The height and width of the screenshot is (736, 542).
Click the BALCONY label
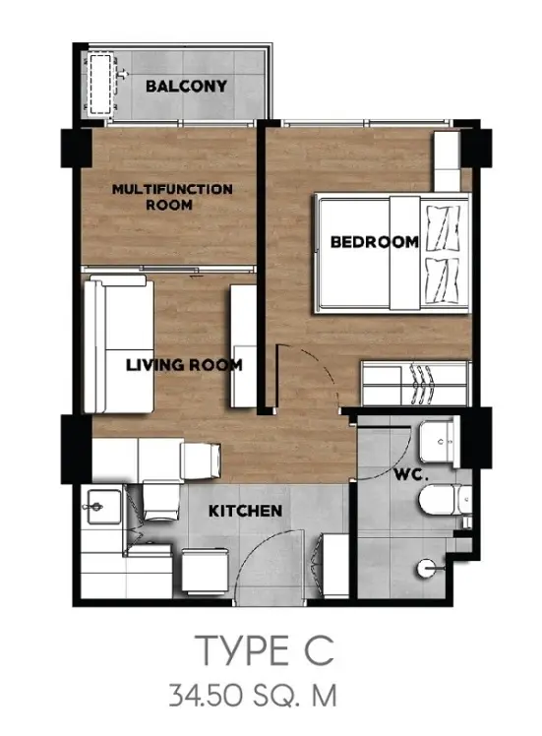[186, 86]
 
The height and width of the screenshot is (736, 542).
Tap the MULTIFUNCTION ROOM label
[172, 197]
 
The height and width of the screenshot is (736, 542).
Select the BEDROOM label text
[375, 242]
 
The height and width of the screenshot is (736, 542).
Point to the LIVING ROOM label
[184, 365]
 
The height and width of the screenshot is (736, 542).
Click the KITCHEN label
[245, 511]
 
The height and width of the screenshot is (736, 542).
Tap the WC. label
[411, 474]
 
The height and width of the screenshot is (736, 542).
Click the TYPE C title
[266, 649]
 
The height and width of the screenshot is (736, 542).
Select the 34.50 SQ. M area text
[253, 696]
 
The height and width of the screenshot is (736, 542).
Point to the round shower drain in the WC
[426, 569]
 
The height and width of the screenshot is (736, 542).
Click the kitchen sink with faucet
[101, 507]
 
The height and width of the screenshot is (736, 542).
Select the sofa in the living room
[119, 344]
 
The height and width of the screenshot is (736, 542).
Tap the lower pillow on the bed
[441, 280]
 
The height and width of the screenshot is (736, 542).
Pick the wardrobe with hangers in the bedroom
[415, 383]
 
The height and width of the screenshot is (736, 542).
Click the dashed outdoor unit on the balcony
[101, 85]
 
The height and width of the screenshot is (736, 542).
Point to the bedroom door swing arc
[318, 371]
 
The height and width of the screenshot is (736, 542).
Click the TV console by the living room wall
[243, 345]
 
